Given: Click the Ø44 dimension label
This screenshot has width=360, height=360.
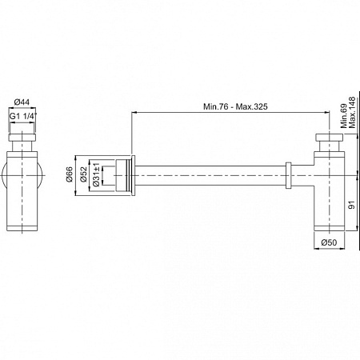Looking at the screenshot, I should point(22,102).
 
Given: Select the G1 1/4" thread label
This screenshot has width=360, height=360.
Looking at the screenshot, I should point(22,118).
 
